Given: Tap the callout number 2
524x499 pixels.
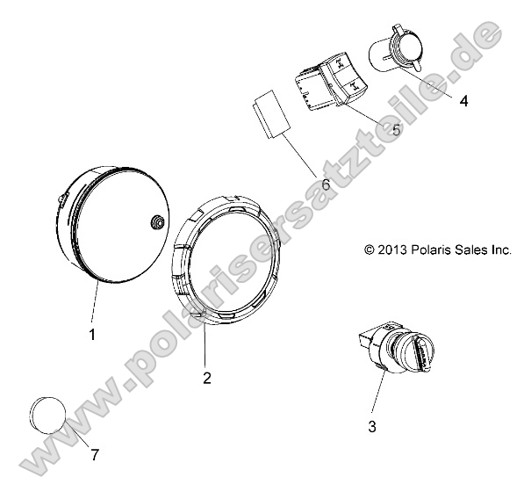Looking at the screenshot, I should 206,380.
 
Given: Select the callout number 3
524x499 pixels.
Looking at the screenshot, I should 372,426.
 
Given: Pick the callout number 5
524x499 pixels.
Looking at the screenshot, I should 396,130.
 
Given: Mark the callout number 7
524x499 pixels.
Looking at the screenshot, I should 94,454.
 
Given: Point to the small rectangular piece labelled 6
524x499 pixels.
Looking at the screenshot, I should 269,114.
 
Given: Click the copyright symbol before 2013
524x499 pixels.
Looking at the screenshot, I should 370,249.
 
